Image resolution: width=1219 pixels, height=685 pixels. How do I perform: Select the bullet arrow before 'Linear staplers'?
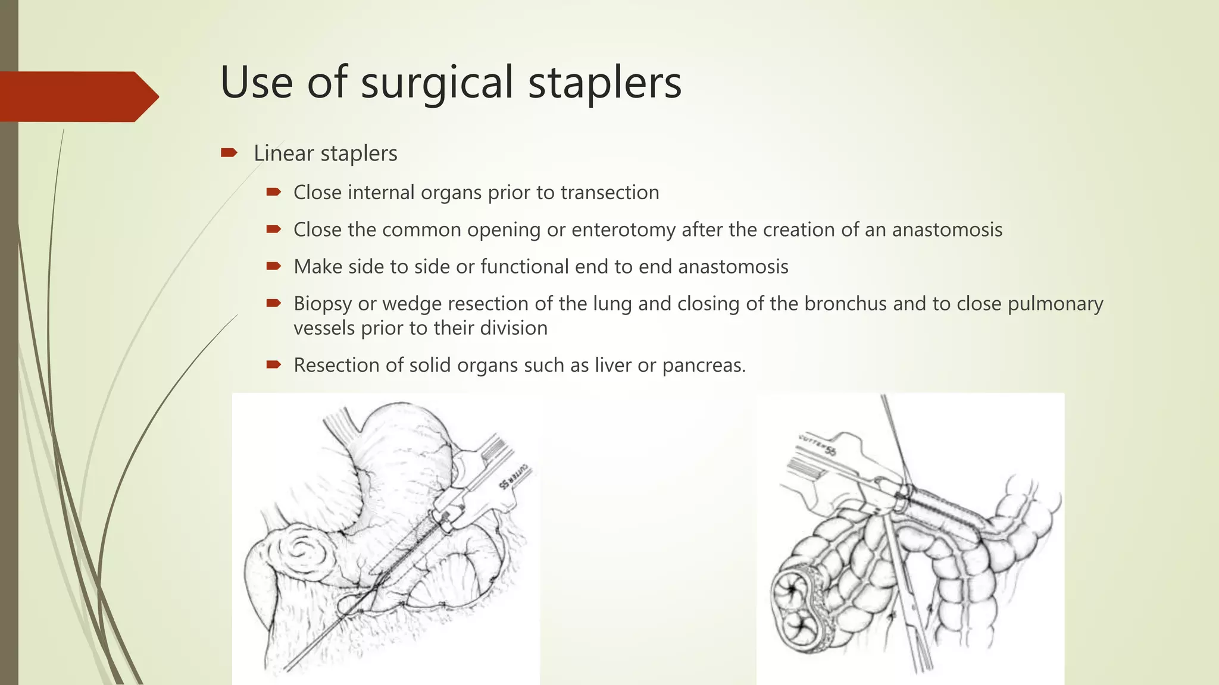(229, 153)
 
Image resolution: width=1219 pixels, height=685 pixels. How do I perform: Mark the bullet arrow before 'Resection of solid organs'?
(273, 365)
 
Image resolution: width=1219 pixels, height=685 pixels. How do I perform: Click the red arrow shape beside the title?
(77, 96)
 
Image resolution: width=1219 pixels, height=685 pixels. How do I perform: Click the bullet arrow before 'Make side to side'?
(273, 266)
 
